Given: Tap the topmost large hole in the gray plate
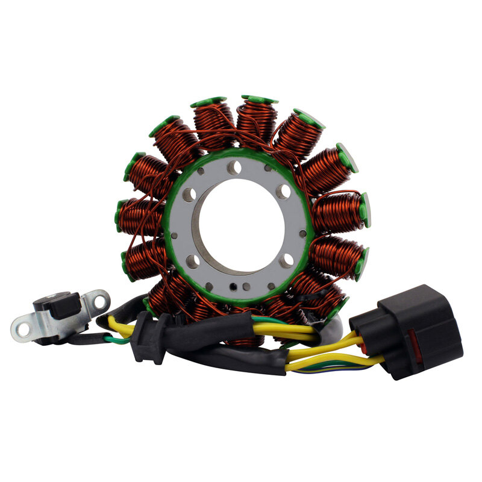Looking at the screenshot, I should (234, 168).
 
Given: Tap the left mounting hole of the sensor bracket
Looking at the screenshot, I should (23, 329).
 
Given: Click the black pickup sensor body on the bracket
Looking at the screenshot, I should (61, 305).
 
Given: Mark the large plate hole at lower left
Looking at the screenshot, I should (192, 261).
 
